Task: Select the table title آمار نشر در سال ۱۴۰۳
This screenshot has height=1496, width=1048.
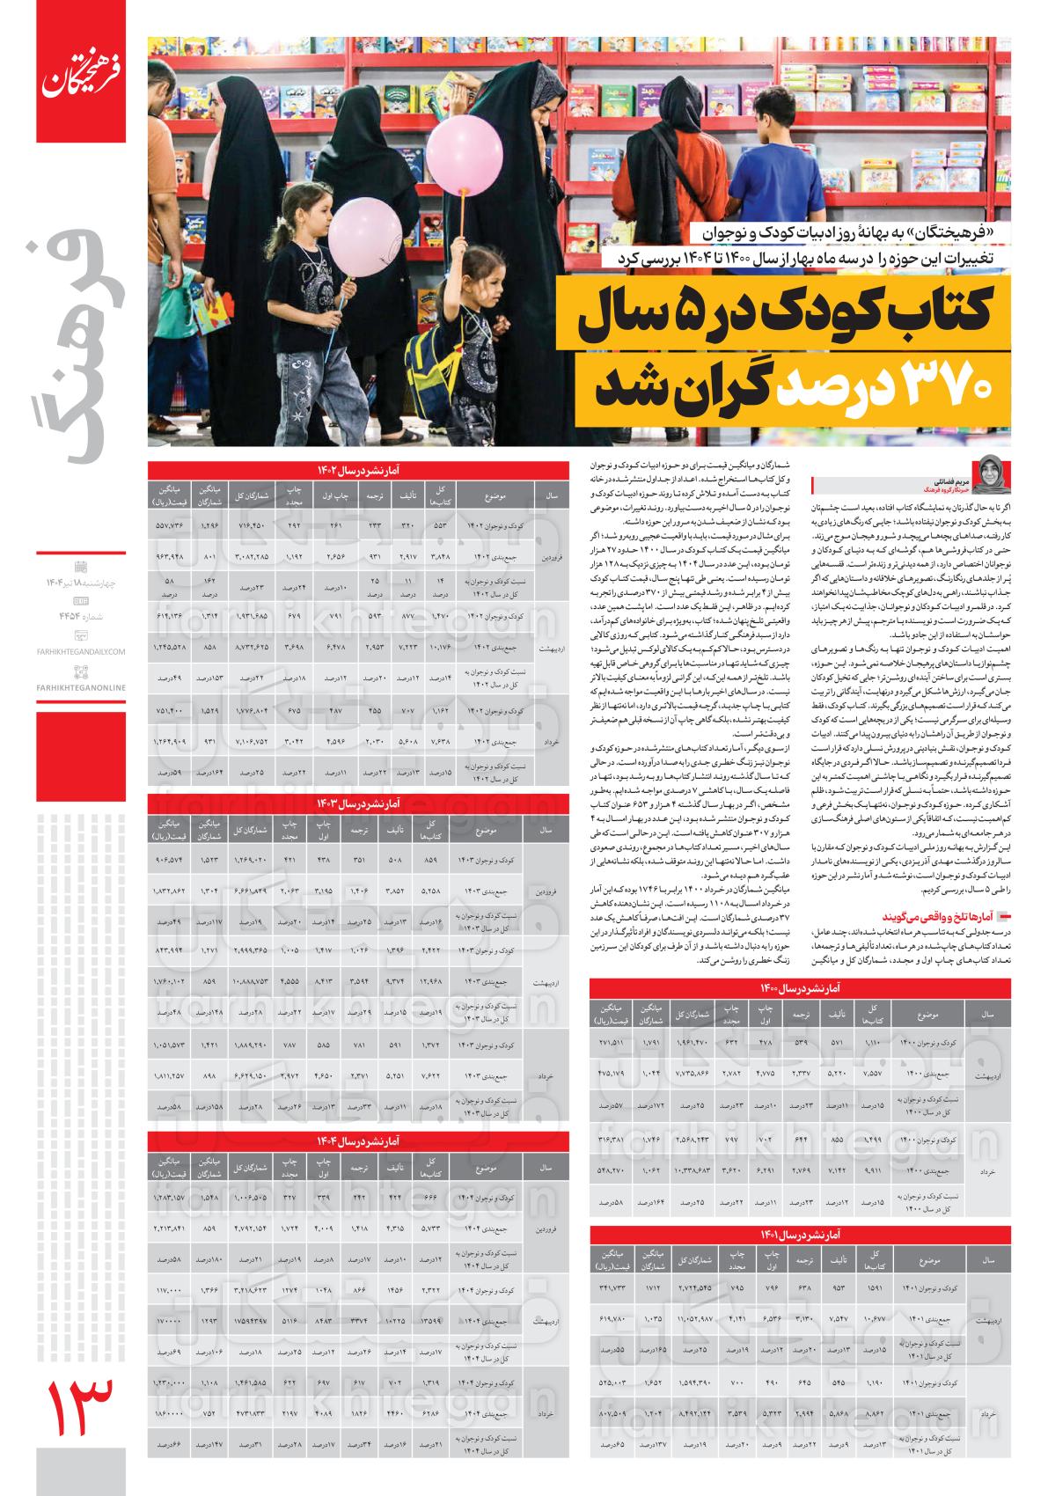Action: (x=357, y=803)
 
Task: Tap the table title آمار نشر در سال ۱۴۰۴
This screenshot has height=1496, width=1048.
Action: (x=357, y=1140)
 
